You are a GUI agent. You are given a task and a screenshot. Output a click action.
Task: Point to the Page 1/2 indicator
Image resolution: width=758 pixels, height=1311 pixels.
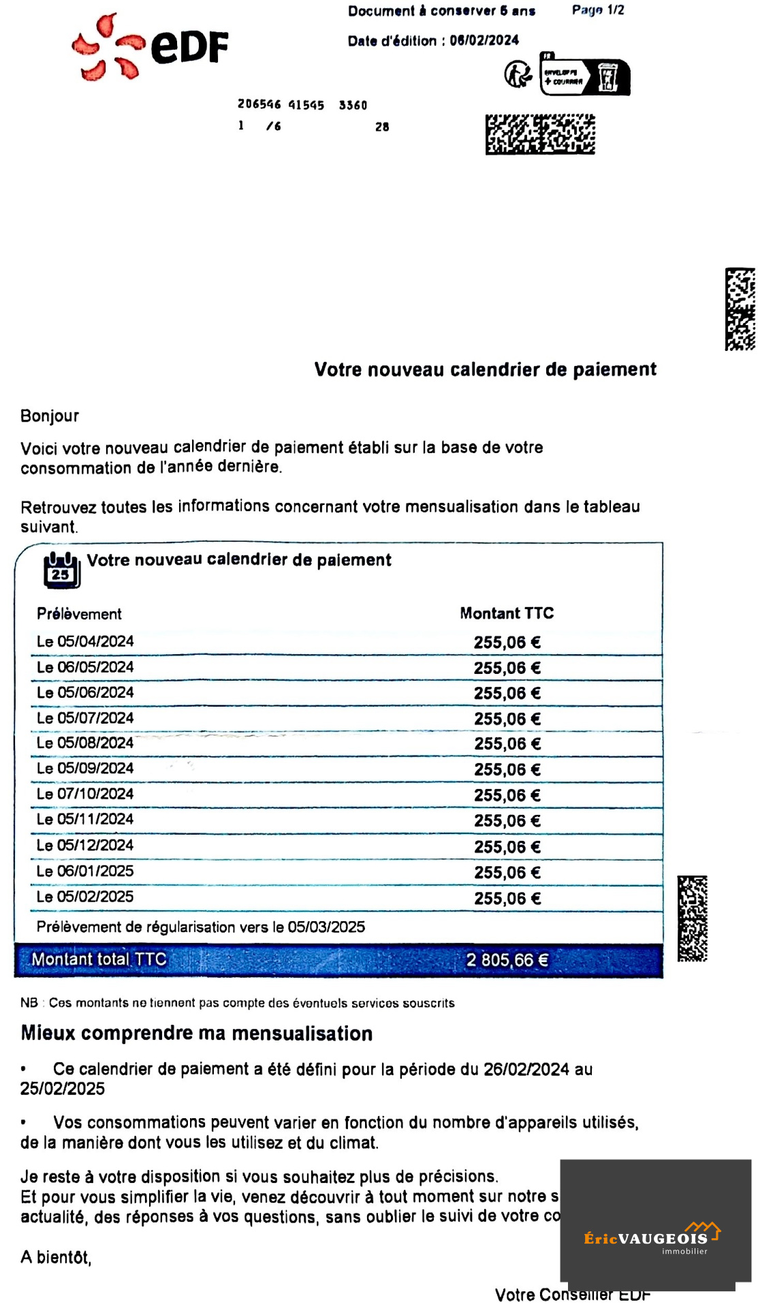pos(597,10)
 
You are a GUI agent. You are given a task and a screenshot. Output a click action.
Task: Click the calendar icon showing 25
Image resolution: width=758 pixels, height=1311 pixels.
pos(61,570)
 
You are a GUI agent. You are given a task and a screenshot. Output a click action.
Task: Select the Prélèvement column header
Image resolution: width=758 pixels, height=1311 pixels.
pos(79,614)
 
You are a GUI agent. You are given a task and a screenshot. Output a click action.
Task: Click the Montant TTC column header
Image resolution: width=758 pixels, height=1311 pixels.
pos(507,613)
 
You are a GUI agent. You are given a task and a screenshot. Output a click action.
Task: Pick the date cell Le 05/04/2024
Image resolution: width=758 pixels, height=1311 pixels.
pos(85,642)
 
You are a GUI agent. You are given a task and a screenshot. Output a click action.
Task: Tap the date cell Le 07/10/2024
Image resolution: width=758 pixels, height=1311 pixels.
pos(85,794)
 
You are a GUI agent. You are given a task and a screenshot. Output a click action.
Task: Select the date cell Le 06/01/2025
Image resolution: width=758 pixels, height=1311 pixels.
pos(85,871)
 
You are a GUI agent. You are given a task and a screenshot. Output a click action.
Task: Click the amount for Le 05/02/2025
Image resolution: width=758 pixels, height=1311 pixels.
pos(507,899)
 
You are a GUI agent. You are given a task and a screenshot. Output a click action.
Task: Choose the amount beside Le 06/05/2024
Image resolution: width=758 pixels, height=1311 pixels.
pos(507,668)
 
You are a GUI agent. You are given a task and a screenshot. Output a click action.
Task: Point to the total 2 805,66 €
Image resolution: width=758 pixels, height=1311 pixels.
pos(507,960)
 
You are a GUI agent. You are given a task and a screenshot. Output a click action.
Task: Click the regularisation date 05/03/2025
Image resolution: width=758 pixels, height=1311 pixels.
pos(326,927)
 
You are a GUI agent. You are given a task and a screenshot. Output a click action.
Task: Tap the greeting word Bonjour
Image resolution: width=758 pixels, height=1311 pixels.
pos(50,416)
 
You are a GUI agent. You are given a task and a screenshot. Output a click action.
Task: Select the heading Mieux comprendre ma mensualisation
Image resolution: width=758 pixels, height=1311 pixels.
pos(197,1034)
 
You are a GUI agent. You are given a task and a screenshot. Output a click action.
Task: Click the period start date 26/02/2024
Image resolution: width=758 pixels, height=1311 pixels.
pos(526,1069)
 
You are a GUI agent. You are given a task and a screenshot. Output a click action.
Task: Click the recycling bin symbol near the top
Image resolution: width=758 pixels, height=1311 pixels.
pos(607,77)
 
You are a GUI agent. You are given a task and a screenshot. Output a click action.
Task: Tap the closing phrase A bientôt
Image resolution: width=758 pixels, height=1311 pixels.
pos(56,1257)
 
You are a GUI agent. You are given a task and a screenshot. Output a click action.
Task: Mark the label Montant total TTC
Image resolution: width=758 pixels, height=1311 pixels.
pos(99,959)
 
